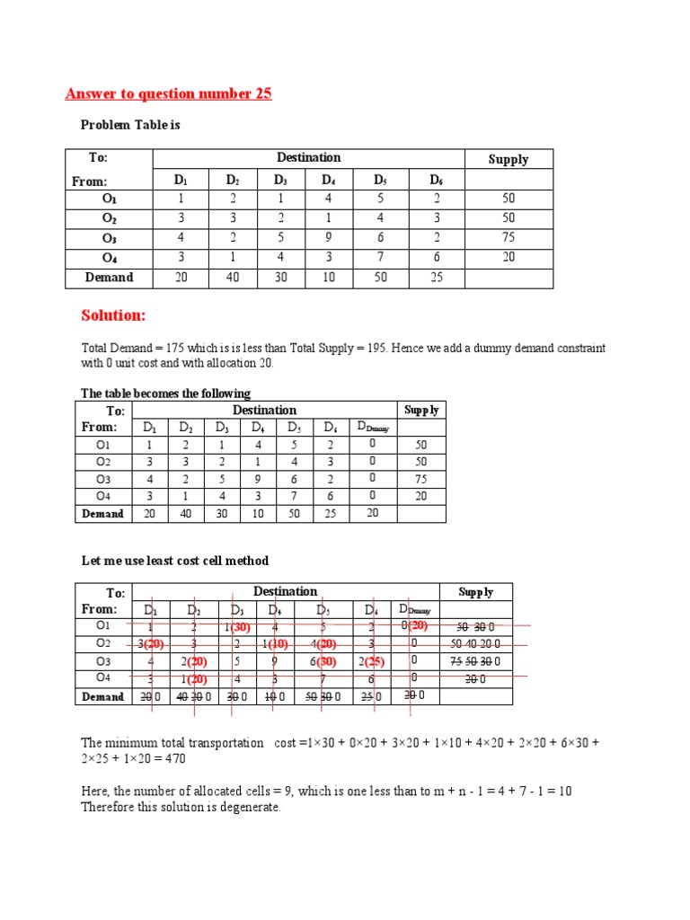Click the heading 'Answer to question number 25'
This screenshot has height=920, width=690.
coord(169,93)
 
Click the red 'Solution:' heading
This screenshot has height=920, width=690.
coord(113,315)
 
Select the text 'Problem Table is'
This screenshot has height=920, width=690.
coord(130,125)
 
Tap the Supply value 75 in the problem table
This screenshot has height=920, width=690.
coord(508,238)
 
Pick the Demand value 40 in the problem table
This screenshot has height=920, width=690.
coord(233,278)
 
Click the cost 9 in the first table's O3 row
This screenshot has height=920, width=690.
coord(329,238)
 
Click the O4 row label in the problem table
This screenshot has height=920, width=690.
coord(109,258)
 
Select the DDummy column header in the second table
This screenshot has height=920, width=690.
coord(372,428)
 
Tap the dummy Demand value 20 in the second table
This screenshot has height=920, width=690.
coord(372,513)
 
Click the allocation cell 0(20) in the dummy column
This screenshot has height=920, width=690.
coord(415,626)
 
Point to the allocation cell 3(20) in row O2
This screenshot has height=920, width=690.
coord(151,644)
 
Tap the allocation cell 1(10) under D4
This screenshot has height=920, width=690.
coord(278,644)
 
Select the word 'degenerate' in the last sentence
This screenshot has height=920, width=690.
coord(251,807)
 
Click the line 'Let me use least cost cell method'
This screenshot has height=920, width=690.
coord(175,561)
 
